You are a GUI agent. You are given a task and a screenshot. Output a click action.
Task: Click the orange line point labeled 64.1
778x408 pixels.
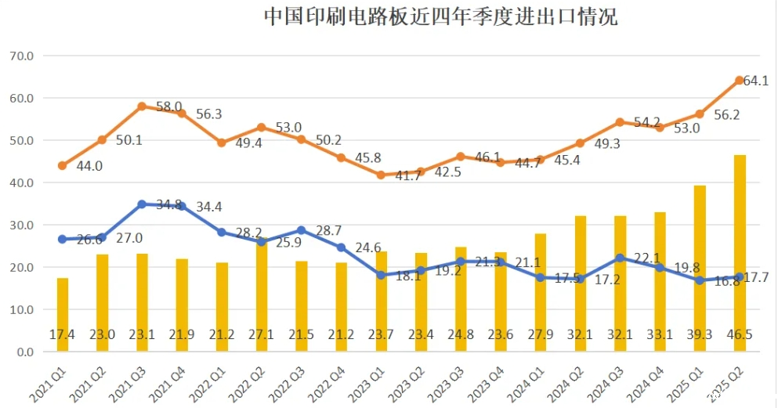click(x=740, y=80)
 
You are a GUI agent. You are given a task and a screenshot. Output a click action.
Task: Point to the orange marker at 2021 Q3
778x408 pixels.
click(x=142, y=107)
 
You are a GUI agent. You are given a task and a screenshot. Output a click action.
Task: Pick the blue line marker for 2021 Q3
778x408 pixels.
click(x=142, y=204)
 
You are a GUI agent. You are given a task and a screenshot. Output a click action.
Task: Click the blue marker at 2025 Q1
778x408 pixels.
click(x=700, y=280)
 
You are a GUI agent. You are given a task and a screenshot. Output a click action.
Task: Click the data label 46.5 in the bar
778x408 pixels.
click(x=740, y=334)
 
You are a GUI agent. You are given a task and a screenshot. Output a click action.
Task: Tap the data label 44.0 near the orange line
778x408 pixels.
click(x=89, y=166)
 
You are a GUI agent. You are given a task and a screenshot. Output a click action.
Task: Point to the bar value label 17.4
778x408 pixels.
click(x=63, y=334)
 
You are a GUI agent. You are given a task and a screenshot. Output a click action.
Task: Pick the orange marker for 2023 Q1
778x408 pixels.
click(x=381, y=175)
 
